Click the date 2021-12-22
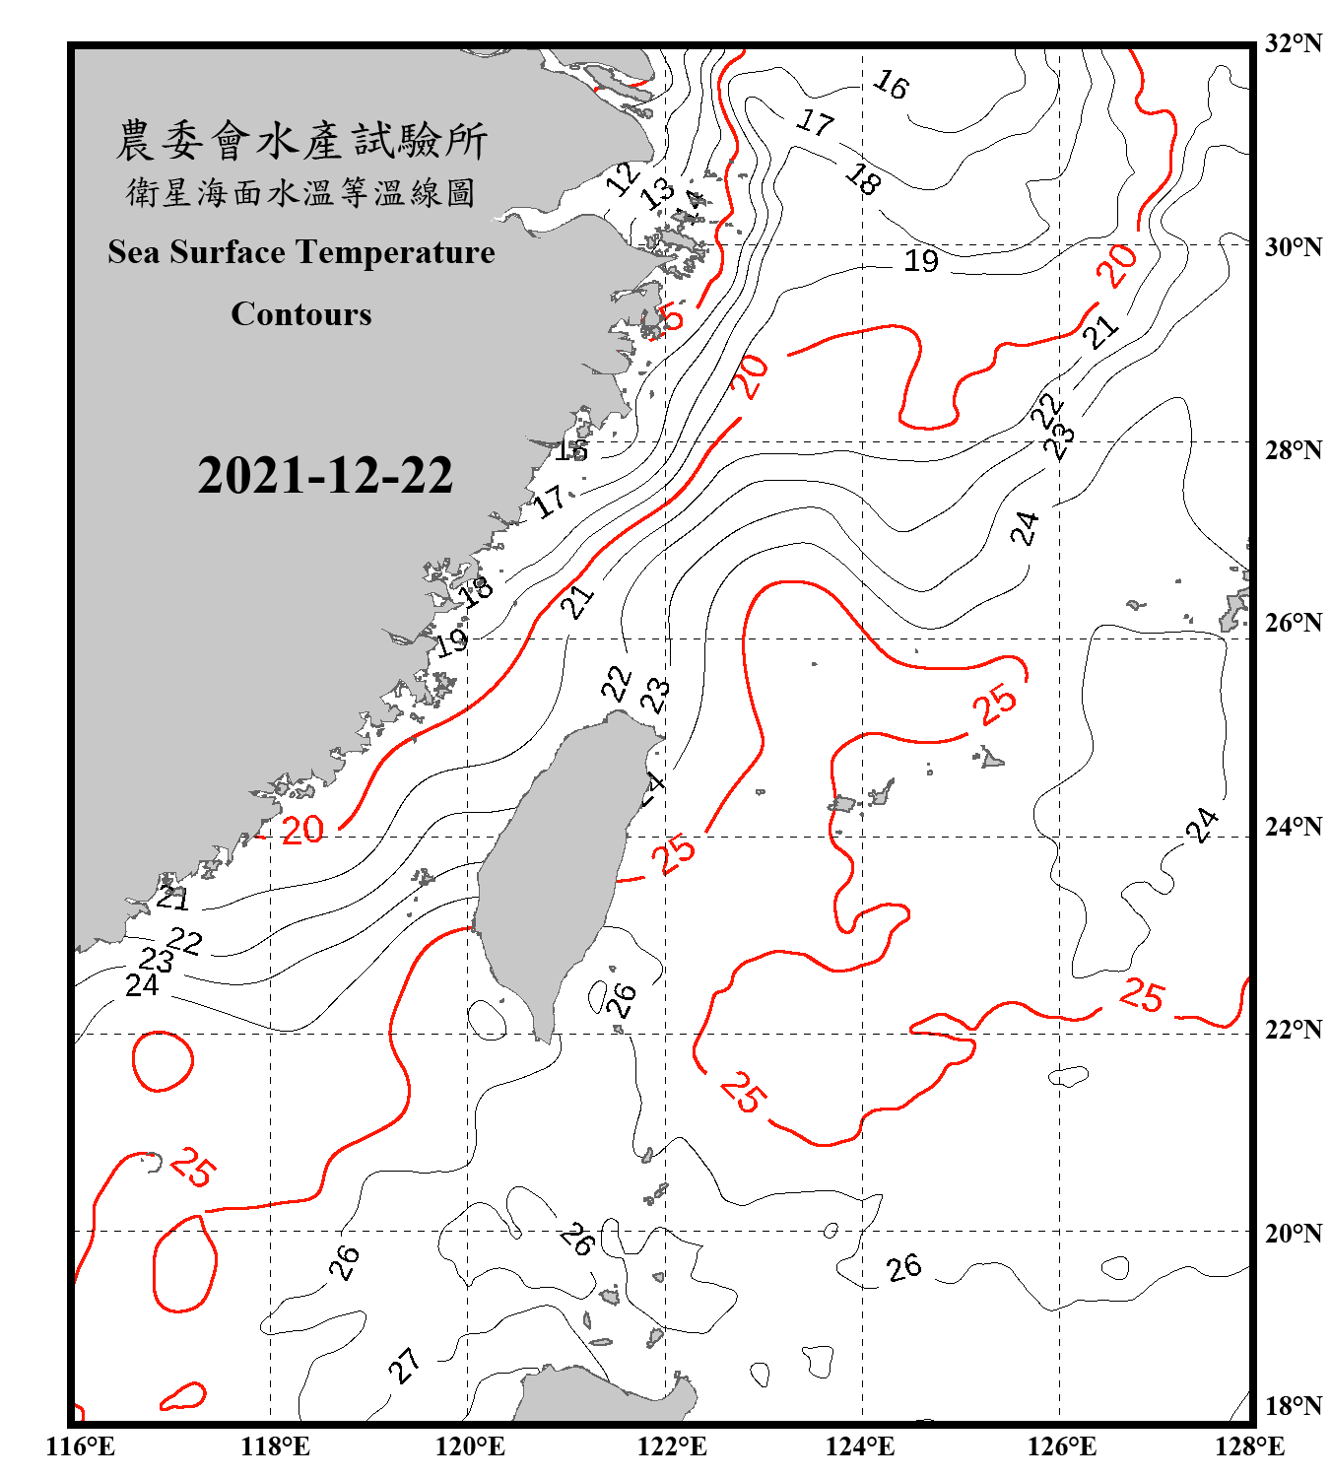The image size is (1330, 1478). point(325,475)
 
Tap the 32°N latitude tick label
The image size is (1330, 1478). point(1293,43)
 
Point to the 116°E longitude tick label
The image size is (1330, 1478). point(80,1446)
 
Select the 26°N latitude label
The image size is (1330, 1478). point(1293,623)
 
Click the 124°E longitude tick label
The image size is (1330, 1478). point(860,1446)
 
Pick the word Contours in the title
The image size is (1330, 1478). point(301,313)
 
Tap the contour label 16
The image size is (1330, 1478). point(891,85)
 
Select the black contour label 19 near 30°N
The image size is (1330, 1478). point(921,261)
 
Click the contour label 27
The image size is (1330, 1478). point(404,1366)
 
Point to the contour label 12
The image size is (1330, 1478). point(623,178)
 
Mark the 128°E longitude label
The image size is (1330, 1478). point(1249,1446)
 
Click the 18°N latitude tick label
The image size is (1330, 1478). point(1293,1406)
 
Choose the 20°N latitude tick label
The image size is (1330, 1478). point(1293,1233)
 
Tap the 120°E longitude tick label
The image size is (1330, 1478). point(470,1446)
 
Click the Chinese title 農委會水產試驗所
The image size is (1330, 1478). point(301,140)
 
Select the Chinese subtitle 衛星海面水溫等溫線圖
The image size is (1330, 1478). point(301,192)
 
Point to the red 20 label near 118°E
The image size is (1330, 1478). point(302,830)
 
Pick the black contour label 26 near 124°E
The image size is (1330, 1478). point(903,1267)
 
